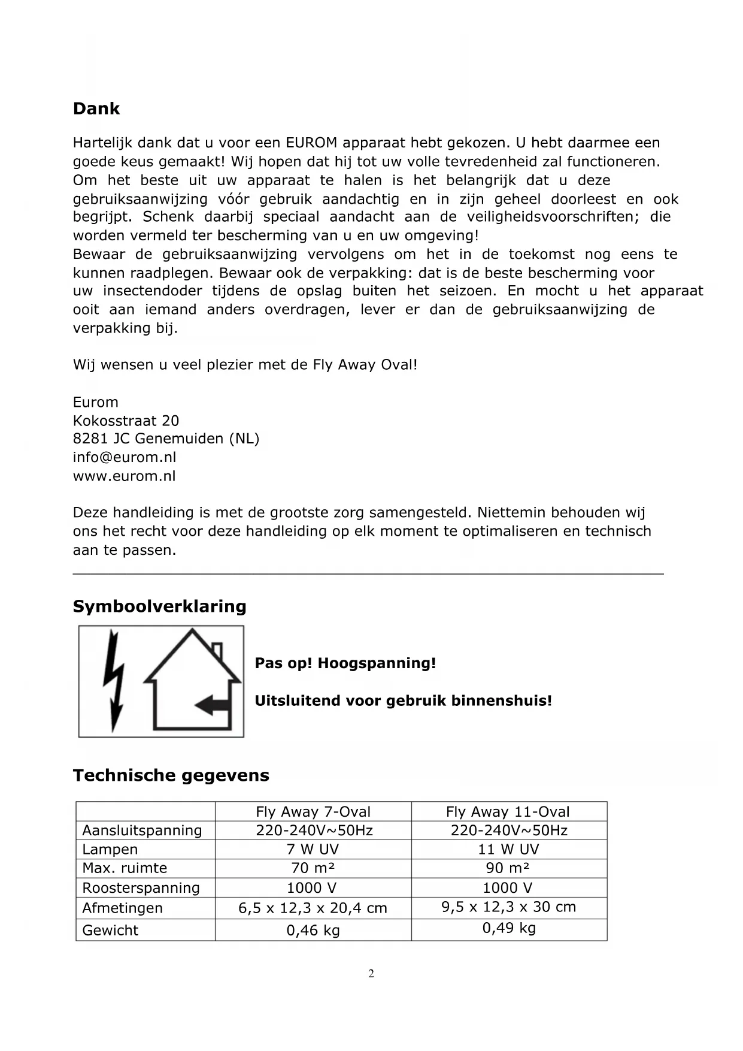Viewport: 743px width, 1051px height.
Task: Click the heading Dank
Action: [x=96, y=108]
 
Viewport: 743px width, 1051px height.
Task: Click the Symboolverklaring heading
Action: [x=159, y=606]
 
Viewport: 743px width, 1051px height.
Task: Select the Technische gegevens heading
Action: [x=171, y=775]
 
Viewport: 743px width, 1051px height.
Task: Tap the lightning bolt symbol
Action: [x=114, y=681]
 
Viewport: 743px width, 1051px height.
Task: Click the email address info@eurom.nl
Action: [x=125, y=457]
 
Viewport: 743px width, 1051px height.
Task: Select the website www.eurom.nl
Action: [x=125, y=476]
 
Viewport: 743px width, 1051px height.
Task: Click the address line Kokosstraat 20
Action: [x=126, y=421]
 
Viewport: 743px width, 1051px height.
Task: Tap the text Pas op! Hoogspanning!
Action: [x=345, y=663]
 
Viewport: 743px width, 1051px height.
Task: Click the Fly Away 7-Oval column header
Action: [x=313, y=812]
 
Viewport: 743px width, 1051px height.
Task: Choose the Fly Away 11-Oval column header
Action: [x=508, y=812]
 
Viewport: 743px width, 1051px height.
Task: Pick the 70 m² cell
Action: [x=313, y=868]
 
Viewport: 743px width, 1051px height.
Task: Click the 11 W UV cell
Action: [x=508, y=849]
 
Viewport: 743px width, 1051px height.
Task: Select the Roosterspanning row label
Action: [x=141, y=888]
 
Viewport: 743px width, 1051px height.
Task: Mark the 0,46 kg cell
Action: [x=313, y=931]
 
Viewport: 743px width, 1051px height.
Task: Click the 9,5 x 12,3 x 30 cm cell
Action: [x=509, y=907]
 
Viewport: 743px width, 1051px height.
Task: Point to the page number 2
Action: [x=371, y=974]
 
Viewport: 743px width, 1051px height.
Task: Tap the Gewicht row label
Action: [x=110, y=931]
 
